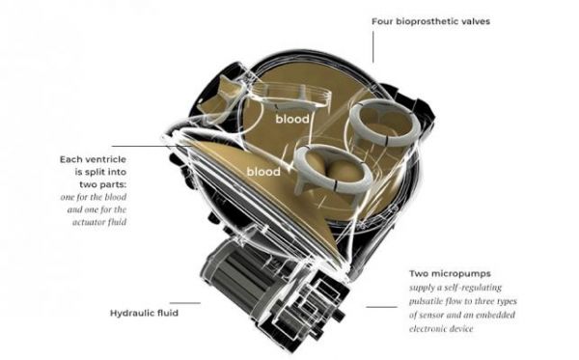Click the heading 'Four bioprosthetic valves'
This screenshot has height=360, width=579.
[x=430, y=21]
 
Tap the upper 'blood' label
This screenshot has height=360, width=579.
[x=292, y=119]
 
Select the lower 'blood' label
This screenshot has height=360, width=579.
[x=263, y=172]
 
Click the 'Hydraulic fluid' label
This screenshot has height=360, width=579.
[x=144, y=313]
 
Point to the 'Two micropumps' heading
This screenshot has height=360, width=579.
[x=450, y=273]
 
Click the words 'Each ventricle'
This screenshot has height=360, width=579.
[x=93, y=159]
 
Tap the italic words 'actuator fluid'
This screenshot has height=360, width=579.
[x=99, y=222]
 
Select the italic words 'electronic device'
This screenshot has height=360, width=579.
[x=441, y=328]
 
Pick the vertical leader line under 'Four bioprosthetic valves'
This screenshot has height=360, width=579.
[x=372, y=47]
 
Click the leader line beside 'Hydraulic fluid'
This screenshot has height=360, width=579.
[x=185, y=303]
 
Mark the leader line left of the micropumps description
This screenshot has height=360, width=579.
[x=382, y=307]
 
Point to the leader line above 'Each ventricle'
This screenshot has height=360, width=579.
[x=152, y=146]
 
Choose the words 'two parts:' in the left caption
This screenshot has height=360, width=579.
[x=102, y=184]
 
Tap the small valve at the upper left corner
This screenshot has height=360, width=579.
[x=219, y=99]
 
